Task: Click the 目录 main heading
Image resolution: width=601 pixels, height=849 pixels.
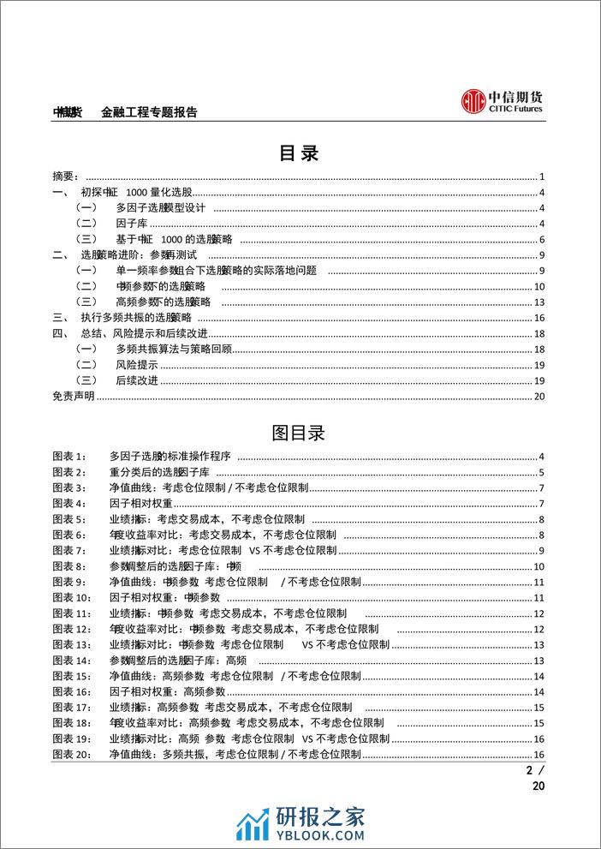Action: pos(300,153)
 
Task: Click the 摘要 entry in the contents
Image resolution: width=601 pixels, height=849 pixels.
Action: pos(66,176)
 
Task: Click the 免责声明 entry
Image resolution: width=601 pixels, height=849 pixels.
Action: pos(73,396)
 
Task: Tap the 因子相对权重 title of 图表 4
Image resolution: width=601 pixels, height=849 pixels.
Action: pos(141,504)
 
